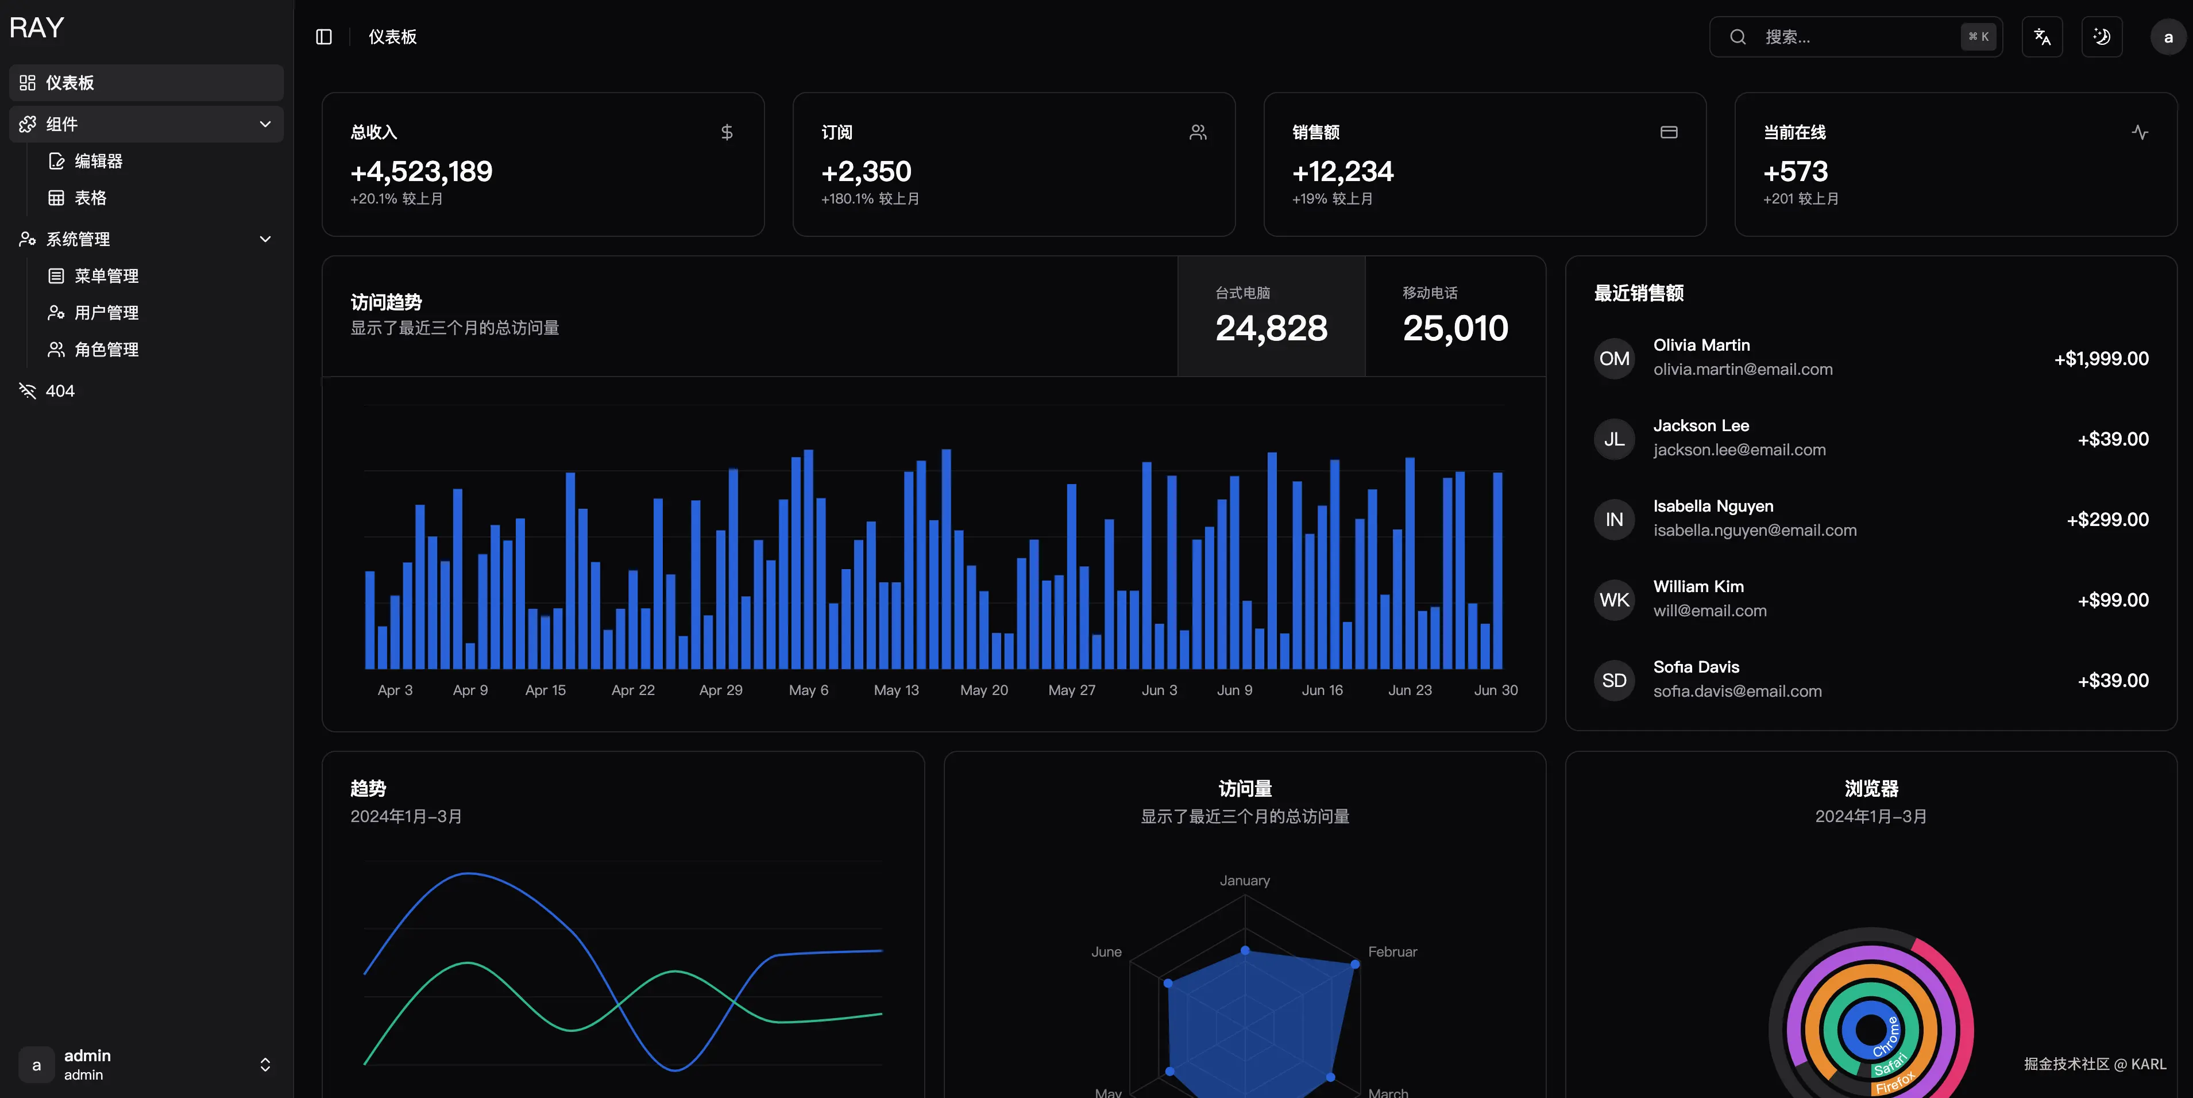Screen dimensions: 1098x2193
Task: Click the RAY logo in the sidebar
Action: pos(37,28)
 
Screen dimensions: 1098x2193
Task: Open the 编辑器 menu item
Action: pos(98,161)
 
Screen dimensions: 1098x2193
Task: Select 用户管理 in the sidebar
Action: pos(106,313)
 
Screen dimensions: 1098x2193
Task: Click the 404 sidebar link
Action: pos(60,391)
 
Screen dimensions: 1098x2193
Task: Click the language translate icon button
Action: pos(2041,37)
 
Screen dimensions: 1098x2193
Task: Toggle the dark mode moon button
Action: pos(2101,37)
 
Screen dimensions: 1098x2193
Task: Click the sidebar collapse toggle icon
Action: pos(323,37)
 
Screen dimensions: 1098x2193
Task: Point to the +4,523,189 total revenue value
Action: pos(422,172)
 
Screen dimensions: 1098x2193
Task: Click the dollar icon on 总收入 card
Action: pos(726,132)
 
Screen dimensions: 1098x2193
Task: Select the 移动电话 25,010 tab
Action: pos(1455,316)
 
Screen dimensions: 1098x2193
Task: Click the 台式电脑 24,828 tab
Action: pos(1271,316)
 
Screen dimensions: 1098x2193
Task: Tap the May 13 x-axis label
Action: pos(895,690)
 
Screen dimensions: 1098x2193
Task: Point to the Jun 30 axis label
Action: pos(1495,690)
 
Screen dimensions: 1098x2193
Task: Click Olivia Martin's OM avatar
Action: pos(1613,359)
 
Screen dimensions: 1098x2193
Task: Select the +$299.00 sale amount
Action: pos(2107,520)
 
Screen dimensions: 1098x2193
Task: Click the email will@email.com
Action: pos(1709,611)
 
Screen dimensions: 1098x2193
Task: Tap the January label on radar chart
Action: pos(1244,881)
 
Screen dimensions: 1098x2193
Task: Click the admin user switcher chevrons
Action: pos(265,1065)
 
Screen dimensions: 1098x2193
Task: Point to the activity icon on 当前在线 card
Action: pos(2140,132)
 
